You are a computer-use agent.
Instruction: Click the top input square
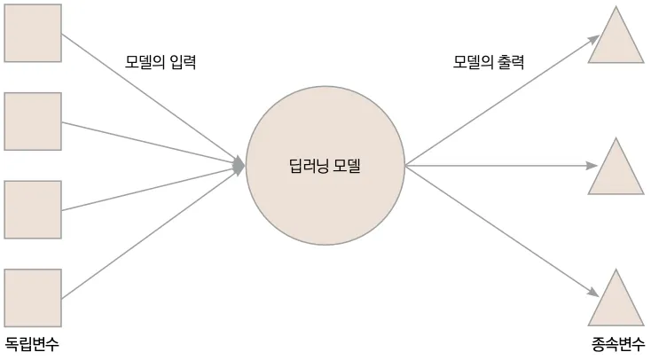pos(33,33)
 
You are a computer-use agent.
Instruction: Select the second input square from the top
pos(33,121)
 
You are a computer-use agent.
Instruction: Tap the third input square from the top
pos(33,209)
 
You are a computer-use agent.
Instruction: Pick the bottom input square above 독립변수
pos(33,298)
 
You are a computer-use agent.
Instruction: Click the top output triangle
pos(616,41)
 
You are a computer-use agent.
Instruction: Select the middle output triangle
pos(616,170)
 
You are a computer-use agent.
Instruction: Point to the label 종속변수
pos(618,345)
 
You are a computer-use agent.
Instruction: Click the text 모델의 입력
pos(160,63)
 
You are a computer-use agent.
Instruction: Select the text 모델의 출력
pos(489,63)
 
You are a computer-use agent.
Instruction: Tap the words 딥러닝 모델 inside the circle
pos(326,165)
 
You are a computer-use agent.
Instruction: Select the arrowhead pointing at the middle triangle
pos(593,165)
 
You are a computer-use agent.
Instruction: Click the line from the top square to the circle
pos(151,98)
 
